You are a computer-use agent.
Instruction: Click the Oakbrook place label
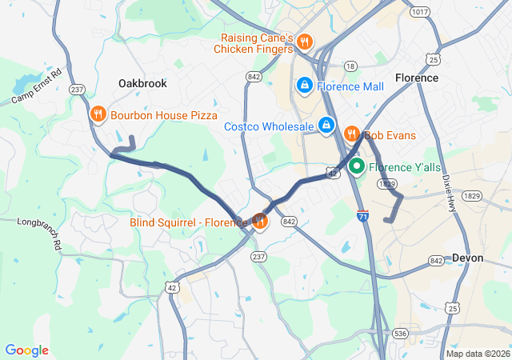pyautogui.click(x=142, y=83)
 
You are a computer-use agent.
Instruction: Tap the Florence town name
pyautogui.click(x=417, y=78)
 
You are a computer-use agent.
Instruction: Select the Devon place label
pyautogui.click(x=467, y=258)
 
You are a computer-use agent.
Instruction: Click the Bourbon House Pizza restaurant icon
pyautogui.click(x=98, y=114)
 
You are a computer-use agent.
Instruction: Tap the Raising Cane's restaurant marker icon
pyautogui.click(x=304, y=42)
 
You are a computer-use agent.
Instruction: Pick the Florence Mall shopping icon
pyautogui.click(x=305, y=85)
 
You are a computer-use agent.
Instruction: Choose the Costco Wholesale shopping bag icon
pyautogui.click(x=326, y=126)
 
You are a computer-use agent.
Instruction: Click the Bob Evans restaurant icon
pyautogui.click(x=350, y=134)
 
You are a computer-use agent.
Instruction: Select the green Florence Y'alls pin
pyautogui.click(x=355, y=166)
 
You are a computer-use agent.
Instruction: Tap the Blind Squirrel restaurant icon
pyautogui.click(x=259, y=222)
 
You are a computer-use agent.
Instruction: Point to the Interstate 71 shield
pyautogui.click(x=363, y=217)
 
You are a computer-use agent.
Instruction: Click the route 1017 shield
pyautogui.click(x=419, y=12)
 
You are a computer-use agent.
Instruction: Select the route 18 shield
pyautogui.click(x=350, y=66)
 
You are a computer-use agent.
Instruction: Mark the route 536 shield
pyautogui.click(x=402, y=333)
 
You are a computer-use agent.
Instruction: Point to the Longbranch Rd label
pyautogui.click(x=39, y=233)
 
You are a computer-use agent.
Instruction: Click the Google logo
pyautogui.click(x=26, y=350)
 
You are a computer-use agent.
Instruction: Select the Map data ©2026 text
pyautogui.click(x=477, y=354)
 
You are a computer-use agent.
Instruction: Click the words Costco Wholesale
pyautogui.click(x=268, y=126)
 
